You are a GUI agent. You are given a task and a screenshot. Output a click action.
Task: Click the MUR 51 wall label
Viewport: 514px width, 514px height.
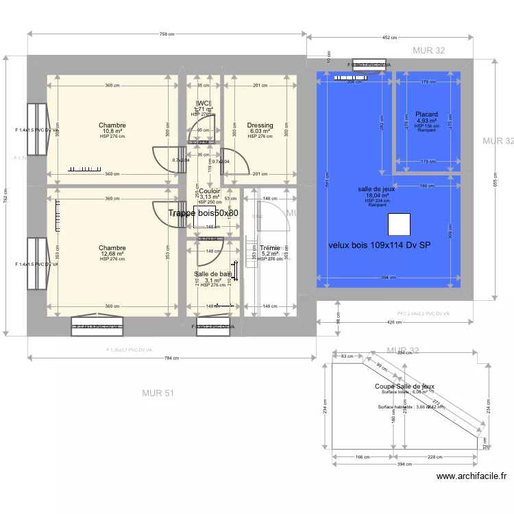158,393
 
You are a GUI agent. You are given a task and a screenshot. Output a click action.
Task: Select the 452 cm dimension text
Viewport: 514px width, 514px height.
389,38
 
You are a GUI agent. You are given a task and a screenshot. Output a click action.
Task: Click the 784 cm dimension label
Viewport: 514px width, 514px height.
171,358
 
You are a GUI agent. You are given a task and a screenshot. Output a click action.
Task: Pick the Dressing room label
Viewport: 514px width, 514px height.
260,125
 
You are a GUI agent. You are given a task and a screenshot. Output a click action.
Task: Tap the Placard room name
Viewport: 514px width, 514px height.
426,114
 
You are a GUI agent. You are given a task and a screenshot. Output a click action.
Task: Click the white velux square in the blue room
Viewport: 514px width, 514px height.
399,224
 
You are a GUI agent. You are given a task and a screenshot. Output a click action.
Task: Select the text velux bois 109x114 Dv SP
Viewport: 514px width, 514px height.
379,245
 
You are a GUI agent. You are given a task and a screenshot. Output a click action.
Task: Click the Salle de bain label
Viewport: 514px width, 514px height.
212,273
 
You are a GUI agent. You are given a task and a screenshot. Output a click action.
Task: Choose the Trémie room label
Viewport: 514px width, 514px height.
269,248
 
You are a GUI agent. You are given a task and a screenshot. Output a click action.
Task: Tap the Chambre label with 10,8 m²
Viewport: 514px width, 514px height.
112,125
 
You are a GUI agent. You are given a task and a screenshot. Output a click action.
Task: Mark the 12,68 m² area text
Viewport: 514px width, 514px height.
112,254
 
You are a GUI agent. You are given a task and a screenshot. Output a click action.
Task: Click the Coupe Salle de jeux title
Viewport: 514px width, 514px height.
404,387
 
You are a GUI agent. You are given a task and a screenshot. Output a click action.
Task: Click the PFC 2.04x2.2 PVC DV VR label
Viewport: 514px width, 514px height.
423,313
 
